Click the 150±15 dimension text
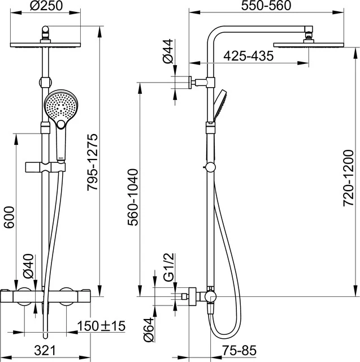click(x=103, y=326)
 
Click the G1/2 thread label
click(x=167, y=270)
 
